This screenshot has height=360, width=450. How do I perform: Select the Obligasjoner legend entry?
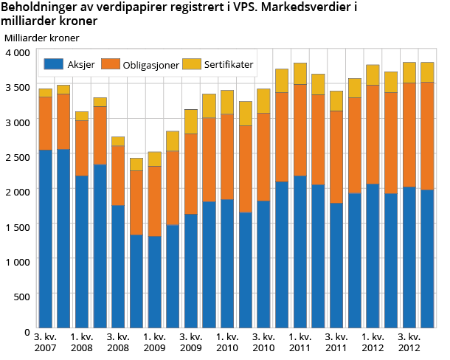(x=149, y=65)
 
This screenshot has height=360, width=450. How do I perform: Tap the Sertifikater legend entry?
(x=226, y=65)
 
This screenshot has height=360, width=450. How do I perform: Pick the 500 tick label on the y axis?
(x=22, y=296)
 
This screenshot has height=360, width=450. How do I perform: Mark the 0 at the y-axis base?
(x=27, y=330)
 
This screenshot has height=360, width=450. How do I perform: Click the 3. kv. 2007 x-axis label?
(x=45, y=342)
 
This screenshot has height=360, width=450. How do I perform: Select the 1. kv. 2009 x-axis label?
(x=154, y=342)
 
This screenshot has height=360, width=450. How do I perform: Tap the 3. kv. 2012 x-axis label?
(x=409, y=342)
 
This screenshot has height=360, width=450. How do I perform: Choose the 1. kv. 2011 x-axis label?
(x=300, y=342)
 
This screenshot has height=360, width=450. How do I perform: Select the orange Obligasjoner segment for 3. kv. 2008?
(x=118, y=175)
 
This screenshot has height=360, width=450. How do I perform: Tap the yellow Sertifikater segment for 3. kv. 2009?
(x=190, y=121)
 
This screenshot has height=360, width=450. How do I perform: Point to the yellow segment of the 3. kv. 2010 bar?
(x=263, y=100)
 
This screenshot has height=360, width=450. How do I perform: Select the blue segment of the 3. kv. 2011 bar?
(x=336, y=266)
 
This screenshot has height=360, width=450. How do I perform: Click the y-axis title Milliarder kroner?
(x=41, y=37)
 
